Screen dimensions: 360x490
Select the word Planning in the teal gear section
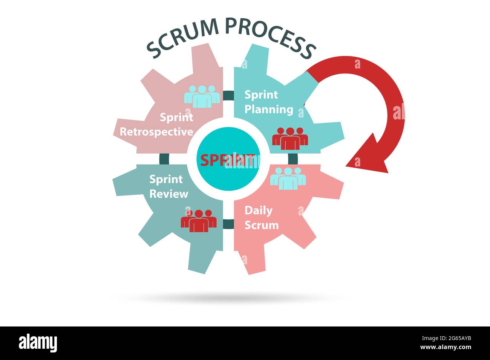click(x=268, y=109)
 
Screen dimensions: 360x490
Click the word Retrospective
click(x=156, y=132)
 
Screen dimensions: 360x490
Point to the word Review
click(x=168, y=194)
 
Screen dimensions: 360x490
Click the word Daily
click(x=258, y=211)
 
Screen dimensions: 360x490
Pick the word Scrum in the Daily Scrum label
click(x=261, y=225)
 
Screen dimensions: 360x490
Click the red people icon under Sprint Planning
click(x=290, y=138)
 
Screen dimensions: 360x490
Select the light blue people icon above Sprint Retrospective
click(x=202, y=96)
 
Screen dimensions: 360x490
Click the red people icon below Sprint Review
click(x=199, y=221)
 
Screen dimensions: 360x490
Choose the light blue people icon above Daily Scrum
click(x=288, y=178)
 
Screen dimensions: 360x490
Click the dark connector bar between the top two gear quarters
click(x=228, y=96)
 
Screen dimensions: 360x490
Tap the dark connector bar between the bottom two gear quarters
click(x=228, y=224)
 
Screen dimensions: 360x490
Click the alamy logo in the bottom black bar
click(x=38, y=343)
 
